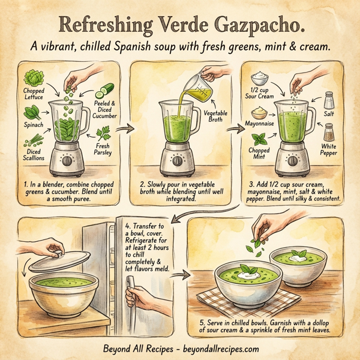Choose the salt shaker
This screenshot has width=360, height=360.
point(329,100)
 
